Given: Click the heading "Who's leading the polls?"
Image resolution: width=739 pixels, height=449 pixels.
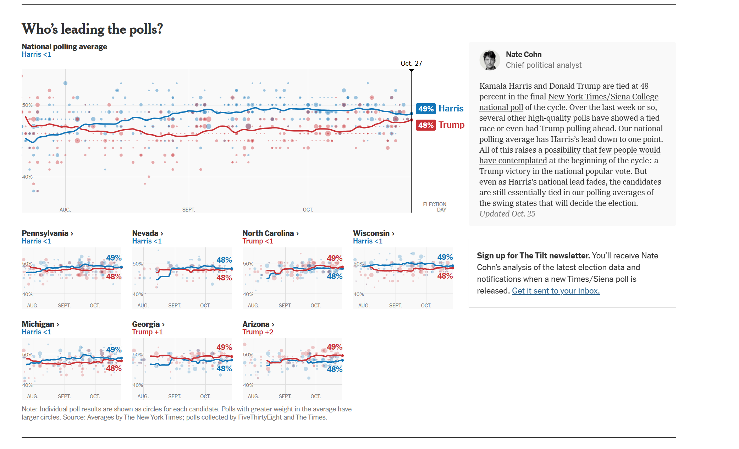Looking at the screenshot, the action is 92,29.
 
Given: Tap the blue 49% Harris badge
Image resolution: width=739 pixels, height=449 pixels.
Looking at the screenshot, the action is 426,109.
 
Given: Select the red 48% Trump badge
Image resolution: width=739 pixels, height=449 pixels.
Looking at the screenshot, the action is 426,125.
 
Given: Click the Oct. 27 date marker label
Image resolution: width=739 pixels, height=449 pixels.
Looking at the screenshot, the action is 412,63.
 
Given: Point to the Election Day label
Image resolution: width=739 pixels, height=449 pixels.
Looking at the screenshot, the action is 435,207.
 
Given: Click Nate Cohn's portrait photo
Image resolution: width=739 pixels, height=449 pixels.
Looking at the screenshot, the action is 490,60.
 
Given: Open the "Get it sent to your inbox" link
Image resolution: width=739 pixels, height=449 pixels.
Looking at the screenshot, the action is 556,291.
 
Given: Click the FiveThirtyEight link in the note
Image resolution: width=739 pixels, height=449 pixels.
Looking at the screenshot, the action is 260,417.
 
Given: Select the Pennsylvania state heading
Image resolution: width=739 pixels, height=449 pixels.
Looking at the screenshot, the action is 48,233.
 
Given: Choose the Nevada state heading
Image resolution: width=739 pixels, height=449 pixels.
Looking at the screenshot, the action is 148,233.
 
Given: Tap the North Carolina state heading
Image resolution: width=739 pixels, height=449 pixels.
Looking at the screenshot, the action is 271,233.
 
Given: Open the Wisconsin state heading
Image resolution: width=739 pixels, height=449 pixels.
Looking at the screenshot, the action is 374,233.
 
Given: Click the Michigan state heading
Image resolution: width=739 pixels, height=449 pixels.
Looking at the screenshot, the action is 40,324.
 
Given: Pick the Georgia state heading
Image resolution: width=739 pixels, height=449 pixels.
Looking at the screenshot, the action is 148,324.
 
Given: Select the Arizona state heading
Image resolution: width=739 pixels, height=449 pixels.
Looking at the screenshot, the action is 258,324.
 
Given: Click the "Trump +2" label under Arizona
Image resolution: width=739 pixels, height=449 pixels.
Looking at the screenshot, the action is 258,332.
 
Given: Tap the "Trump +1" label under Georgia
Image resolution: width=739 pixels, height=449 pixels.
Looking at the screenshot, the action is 147,332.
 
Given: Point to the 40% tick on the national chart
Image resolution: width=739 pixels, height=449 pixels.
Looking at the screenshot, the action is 27,177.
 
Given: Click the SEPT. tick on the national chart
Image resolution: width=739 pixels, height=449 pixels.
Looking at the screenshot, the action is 189,210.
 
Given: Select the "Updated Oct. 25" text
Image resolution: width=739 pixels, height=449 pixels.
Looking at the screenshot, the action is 507,214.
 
